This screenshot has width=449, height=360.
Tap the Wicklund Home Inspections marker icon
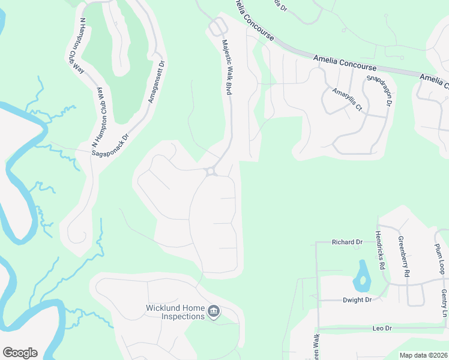214,312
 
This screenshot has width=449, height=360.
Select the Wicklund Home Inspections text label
175,312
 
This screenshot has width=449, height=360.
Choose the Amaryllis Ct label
348,99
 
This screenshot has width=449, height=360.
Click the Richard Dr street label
348,242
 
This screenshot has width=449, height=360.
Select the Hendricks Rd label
379,248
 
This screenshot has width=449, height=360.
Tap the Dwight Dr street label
357,300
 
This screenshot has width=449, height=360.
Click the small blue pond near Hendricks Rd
362,275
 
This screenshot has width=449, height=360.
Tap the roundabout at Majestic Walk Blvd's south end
211,172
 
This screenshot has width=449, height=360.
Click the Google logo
20,353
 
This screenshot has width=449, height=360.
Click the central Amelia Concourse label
345,62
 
